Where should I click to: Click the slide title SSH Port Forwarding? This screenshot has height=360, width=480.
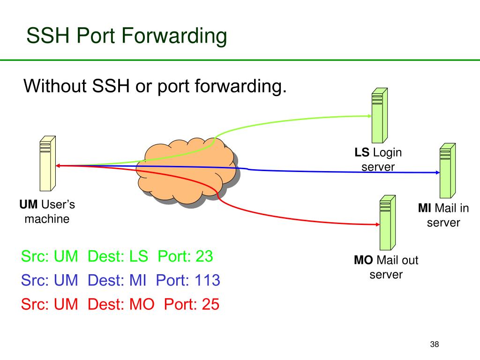point(127,36)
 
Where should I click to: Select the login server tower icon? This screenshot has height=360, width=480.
point(379,115)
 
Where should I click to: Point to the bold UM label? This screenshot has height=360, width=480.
point(29,205)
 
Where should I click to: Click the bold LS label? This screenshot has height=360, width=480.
point(362,152)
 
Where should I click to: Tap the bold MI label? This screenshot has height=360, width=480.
point(425,208)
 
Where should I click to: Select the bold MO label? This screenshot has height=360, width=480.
point(363,260)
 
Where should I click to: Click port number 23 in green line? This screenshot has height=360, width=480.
point(204,256)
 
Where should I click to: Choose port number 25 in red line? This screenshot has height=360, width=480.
point(210,305)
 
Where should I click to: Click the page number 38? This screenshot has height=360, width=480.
point(434,345)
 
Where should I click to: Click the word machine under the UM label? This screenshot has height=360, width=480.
point(47,218)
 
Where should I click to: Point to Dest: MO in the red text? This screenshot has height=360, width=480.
point(121,305)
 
